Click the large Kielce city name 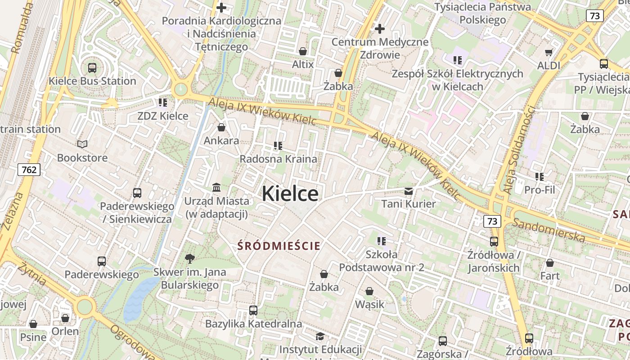click(290, 193)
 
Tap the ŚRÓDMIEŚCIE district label click(279, 246)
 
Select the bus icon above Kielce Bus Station click(92, 68)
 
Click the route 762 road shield click(29, 170)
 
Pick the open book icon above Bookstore click(82, 144)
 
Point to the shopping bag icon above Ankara click(221, 127)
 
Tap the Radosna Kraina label click(278, 159)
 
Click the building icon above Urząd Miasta click(216, 187)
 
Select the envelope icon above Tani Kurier click(409, 191)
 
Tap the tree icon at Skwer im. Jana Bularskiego click(190, 258)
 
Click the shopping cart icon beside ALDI click(549, 52)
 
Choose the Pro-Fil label click(540, 189)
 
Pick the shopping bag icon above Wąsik click(369, 291)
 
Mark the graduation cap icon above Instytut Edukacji click(320, 336)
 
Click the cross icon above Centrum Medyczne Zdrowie click(380, 29)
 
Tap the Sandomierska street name click(549, 230)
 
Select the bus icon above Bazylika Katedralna click(253, 310)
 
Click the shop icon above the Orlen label click(65, 318)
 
